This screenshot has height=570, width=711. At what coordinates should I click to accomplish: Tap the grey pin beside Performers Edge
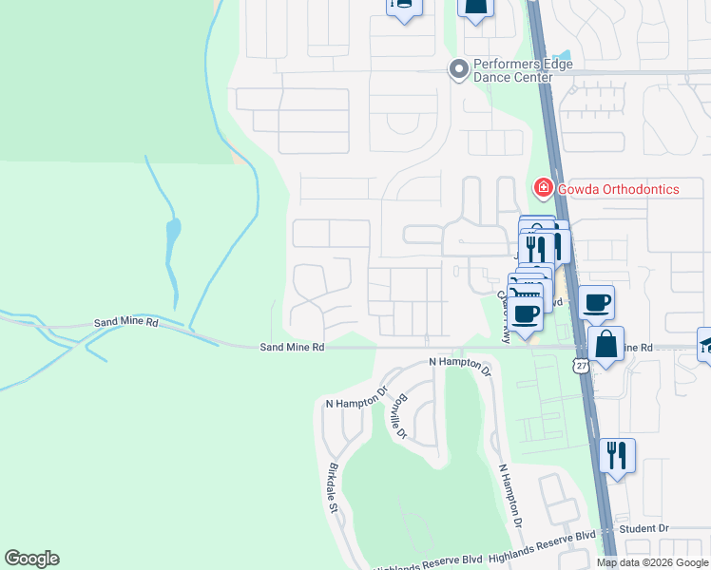[x=459, y=68]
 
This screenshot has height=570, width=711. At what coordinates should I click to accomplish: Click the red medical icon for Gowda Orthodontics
[x=544, y=188]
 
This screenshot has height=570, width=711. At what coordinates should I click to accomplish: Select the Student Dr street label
[x=644, y=528]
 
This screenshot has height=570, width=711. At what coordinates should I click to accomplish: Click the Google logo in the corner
[x=31, y=559]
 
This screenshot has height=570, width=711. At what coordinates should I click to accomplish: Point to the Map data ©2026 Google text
[x=652, y=562]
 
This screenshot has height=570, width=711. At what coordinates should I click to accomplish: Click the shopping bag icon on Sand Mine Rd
[x=605, y=346]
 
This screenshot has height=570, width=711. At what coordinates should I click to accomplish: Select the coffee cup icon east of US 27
[x=596, y=302]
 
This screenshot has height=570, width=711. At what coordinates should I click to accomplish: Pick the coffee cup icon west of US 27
[x=526, y=312]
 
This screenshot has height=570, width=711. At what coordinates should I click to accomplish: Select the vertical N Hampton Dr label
[x=509, y=495]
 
